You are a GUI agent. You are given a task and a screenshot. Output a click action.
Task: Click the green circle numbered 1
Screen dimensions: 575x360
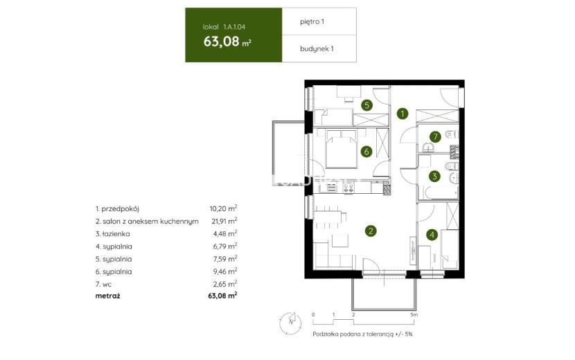402,114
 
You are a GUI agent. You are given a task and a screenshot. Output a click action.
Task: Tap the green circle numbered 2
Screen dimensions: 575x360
371,231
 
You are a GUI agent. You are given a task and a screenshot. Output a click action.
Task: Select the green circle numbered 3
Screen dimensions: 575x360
434,177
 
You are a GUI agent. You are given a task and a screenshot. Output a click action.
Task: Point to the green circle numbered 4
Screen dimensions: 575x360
432,235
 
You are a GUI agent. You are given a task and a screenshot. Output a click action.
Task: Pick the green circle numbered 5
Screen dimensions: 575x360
366,106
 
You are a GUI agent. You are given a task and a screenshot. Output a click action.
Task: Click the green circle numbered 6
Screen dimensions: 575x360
366,151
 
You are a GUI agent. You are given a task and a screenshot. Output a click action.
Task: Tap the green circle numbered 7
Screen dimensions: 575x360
435,137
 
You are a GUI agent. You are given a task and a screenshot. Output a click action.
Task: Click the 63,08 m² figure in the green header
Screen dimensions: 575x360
227,42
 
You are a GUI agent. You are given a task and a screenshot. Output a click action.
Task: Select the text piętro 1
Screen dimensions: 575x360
312,21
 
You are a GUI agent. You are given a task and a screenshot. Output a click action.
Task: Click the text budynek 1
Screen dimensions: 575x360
317,48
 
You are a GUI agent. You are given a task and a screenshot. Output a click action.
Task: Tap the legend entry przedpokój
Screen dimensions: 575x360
117,209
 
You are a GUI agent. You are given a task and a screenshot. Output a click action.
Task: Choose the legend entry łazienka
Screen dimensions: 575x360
113,233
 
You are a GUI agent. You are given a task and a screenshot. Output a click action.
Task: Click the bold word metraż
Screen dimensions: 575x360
107,296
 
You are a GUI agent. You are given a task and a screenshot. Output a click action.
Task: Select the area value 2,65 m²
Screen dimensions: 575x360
224,284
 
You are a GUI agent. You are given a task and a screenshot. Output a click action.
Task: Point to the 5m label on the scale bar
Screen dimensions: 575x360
414,314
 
